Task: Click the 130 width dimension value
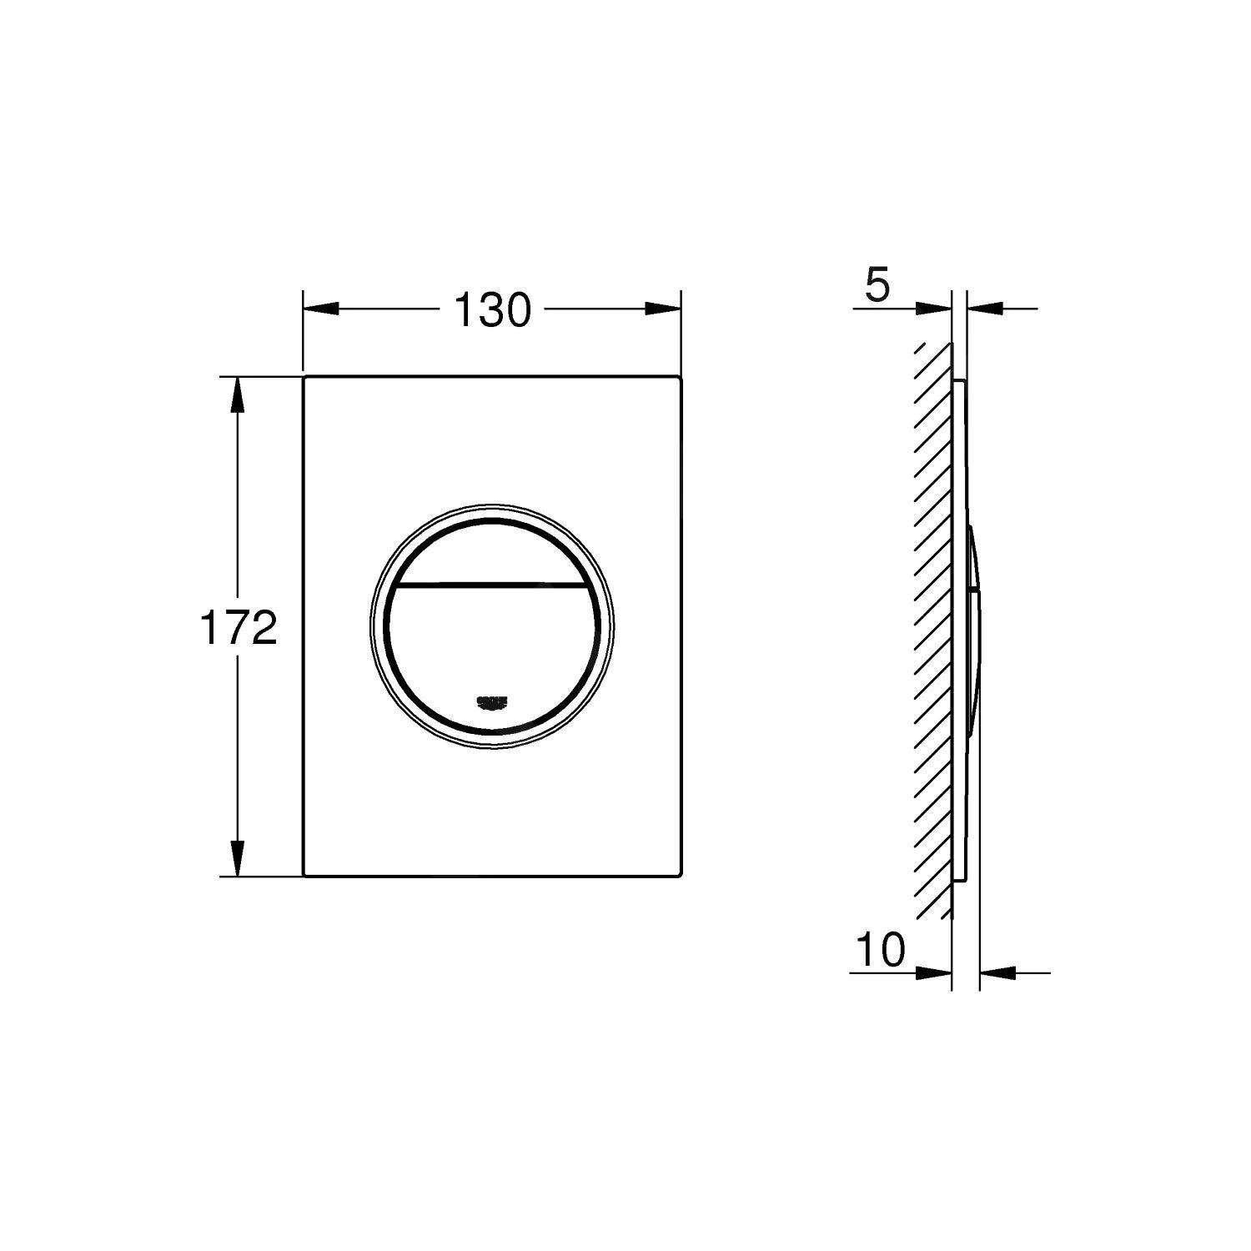pos(492,311)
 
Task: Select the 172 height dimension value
pos(238,627)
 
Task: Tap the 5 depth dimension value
pos(877,286)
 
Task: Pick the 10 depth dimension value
pos(880,949)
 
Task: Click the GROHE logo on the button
pos(492,703)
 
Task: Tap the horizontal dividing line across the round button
pos(492,583)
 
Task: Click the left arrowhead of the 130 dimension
pos(321,309)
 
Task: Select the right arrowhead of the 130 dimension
pos(664,309)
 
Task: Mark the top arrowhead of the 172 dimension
pos(238,395)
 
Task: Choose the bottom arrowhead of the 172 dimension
pos(238,858)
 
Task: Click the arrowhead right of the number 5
pos(934,309)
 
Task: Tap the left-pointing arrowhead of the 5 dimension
pos(985,309)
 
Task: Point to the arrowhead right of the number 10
pos(934,972)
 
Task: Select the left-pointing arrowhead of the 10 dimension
pos(997,972)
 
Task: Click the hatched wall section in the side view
pos(934,625)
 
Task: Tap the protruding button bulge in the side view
pos(975,625)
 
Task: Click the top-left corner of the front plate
pos(305,378)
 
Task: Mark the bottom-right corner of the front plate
pos(682,875)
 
